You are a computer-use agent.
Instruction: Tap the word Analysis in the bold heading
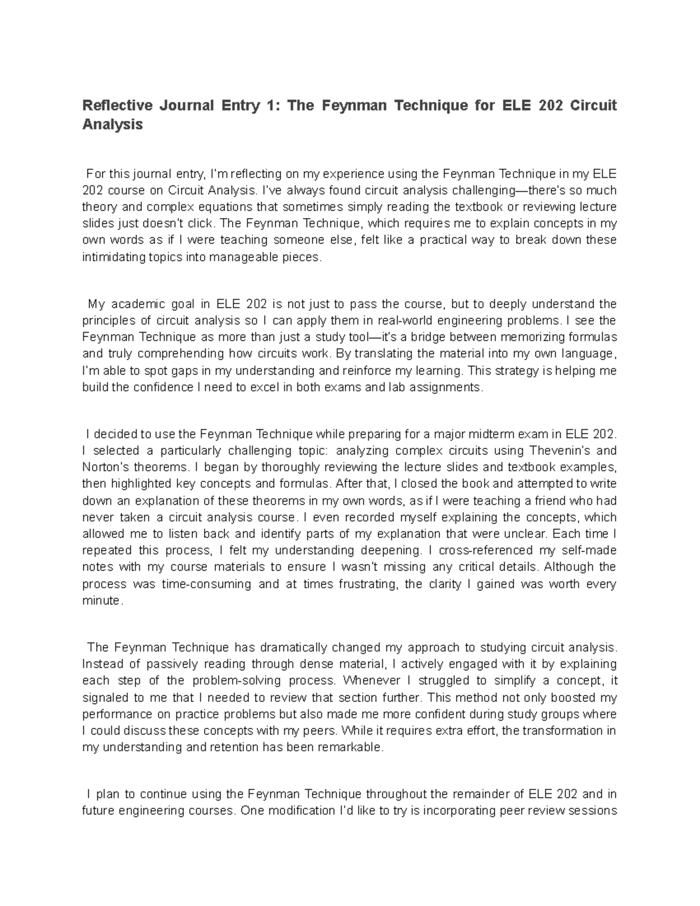click(112, 124)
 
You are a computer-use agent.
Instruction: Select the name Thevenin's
click(561, 450)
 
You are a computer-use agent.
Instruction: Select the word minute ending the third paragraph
click(101, 601)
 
